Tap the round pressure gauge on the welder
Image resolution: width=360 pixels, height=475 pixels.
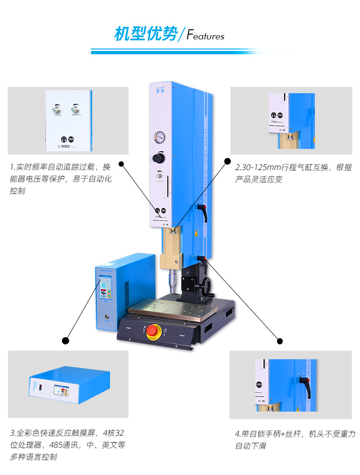click(159, 138)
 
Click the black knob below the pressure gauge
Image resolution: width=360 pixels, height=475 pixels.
click(159, 158)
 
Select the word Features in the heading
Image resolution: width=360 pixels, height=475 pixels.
click(205, 36)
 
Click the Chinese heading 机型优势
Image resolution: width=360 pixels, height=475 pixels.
click(145, 35)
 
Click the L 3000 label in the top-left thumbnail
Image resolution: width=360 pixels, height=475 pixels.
click(64, 145)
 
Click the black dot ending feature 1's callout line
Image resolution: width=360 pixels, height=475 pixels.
click(121, 164)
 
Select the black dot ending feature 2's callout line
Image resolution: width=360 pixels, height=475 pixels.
click(228, 159)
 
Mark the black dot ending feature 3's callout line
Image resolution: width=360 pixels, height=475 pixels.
click(66, 341)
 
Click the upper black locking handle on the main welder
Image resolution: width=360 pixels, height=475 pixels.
click(203, 211)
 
